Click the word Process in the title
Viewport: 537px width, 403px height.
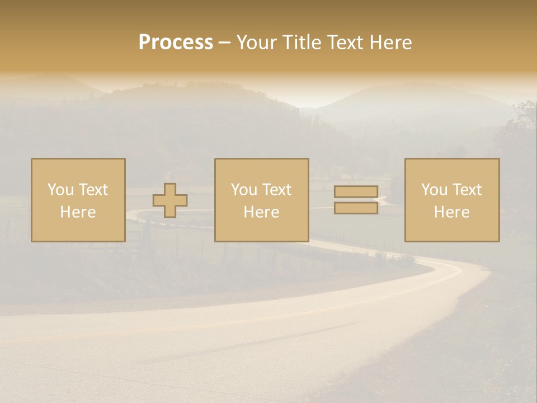point(176,43)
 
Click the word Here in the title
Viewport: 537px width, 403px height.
point(392,43)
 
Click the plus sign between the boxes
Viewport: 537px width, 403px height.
point(170,200)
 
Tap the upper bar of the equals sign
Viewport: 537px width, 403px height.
point(356,192)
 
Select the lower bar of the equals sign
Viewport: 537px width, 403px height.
point(356,208)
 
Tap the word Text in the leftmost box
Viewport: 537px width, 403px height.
point(93,190)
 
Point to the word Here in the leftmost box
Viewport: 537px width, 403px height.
point(78,212)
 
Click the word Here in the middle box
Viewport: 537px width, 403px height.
point(261,212)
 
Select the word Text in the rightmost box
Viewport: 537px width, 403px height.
point(467,190)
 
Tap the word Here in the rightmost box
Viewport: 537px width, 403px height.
point(451,212)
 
